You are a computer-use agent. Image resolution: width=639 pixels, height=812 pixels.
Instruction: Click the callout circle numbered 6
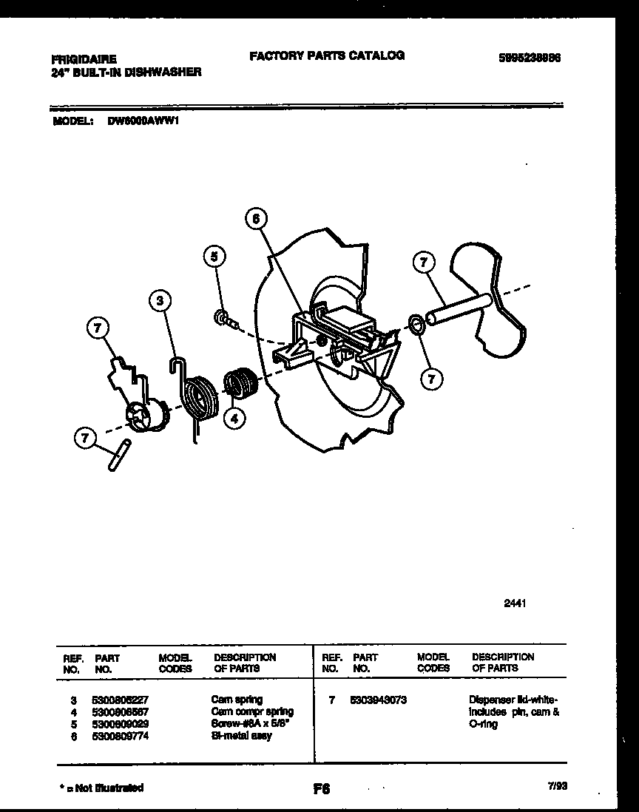tap(255, 219)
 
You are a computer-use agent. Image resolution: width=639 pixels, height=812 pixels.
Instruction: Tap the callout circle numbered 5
tap(214, 257)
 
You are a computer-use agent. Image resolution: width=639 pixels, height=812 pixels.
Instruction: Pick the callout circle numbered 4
tap(234, 419)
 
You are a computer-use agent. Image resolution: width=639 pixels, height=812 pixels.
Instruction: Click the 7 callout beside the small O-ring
tap(431, 379)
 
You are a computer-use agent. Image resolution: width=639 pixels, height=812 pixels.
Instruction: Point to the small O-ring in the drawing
tap(416, 323)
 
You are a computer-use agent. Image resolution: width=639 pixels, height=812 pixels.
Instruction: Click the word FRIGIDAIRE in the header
tap(84, 57)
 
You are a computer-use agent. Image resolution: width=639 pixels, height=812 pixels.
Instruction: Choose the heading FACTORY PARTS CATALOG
tap(326, 55)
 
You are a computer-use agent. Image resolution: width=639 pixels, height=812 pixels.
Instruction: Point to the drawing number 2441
tap(515, 603)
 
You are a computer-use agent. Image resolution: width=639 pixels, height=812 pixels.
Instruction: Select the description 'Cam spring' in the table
tap(237, 700)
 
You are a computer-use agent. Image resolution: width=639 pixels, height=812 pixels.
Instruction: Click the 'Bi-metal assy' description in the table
tap(241, 736)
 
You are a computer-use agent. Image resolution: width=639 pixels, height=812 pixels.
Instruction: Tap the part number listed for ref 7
tap(378, 700)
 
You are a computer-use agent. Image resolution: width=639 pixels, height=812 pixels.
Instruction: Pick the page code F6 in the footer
tap(320, 789)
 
